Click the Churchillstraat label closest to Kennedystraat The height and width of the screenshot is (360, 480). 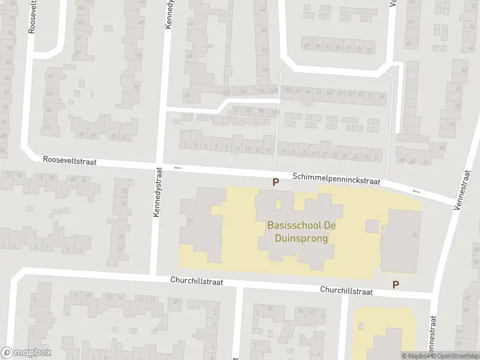(x=196, y=280)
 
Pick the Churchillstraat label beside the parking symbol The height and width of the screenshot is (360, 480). (x=346, y=290)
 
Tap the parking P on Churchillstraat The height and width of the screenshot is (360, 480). (x=395, y=284)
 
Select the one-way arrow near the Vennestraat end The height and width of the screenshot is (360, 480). (x=417, y=191)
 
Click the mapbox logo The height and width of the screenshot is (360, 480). (x=26, y=353)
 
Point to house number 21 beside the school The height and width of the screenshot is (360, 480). (x=190, y=222)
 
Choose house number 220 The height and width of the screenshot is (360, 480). (x=273, y=91)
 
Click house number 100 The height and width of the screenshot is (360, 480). (x=275, y=112)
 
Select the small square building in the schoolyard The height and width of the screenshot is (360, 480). (x=372, y=226)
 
